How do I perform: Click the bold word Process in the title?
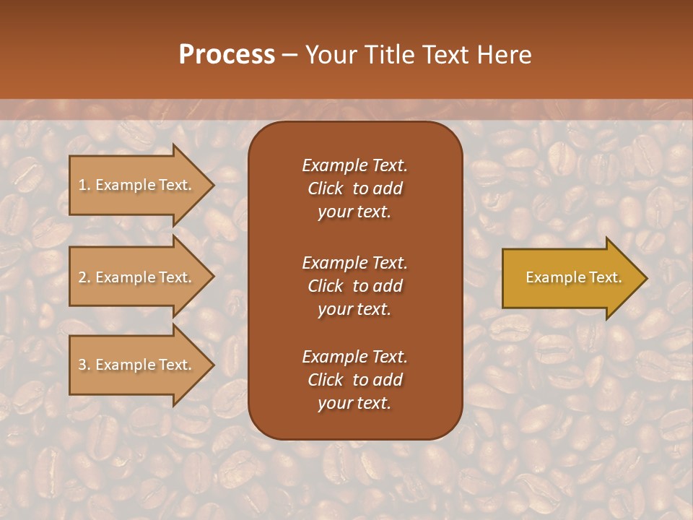(227, 55)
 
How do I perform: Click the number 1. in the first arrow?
(84, 185)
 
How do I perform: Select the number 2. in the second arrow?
(84, 277)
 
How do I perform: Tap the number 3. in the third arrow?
(84, 365)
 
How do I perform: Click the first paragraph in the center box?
(354, 188)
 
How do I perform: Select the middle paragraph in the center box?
(354, 286)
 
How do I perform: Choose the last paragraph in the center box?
(354, 380)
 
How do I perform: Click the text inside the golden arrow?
(573, 277)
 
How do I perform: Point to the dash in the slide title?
(289, 56)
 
